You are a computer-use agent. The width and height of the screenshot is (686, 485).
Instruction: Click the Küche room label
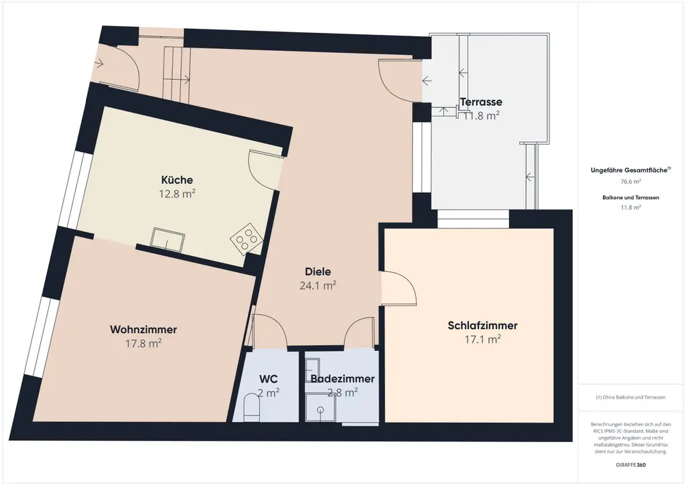[x=177, y=180]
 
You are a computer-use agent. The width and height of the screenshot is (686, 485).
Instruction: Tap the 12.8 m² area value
[x=177, y=194]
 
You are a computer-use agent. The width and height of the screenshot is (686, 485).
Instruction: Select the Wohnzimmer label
[x=143, y=330]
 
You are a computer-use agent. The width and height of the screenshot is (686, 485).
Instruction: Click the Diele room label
[x=318, y=271]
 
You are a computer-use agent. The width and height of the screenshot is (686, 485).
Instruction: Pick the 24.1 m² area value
[x=318, y=285]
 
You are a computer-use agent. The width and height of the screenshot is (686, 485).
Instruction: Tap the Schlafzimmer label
[x=482, y=326]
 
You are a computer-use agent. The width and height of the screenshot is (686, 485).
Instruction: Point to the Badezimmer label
[x=342, y=379]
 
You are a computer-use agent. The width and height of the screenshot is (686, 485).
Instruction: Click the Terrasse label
[x=481, y=102]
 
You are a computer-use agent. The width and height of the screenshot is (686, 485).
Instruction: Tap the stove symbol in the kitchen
[x=246, y=237]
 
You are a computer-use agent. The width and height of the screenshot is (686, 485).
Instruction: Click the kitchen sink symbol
[x=168, y=239]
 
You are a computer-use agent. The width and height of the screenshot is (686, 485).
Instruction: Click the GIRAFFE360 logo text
[x=631, y=464]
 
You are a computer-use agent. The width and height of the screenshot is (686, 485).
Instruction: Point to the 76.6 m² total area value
[x=631, y=182]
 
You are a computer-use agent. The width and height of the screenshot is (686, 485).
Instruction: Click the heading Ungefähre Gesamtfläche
[x=630, y=170]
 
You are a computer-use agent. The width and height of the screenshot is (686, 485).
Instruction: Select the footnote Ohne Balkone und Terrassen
[x=631, y=397]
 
